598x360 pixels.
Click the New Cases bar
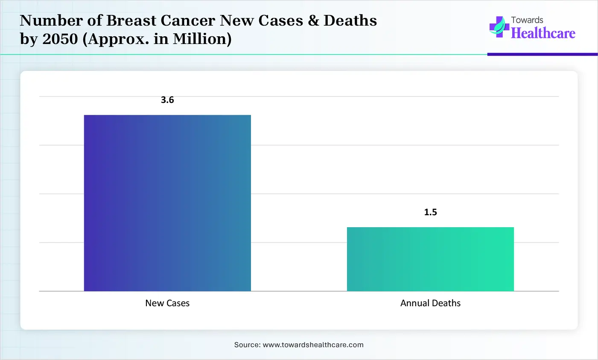pyautogui.click(x=167, y=203)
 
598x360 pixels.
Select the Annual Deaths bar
pyautogui.click(x=430, y=259)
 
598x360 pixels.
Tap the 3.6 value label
pyautogui.click(x=167, y=100)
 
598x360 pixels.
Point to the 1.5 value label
pyautogui.click(x=430, y=212)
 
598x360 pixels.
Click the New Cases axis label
pyautogui.click(x=167, y=303)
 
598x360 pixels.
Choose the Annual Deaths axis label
pyautogui.click(x=430, y=303)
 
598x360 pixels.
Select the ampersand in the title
pyautogui.click(x=313, y=21)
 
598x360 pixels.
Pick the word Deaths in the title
pyautogui.click(x=350, y=21)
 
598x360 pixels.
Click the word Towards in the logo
pyautogui.click(x=527, y=20)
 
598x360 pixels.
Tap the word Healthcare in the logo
pyautogui.click(x=543, y=33)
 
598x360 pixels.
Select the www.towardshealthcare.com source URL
pyautogui.click(x=313, y=345)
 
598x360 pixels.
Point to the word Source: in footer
pyautogui.click(x=247, y=345)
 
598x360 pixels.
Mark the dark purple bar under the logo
pyautogui.click(x=542, y=54)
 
